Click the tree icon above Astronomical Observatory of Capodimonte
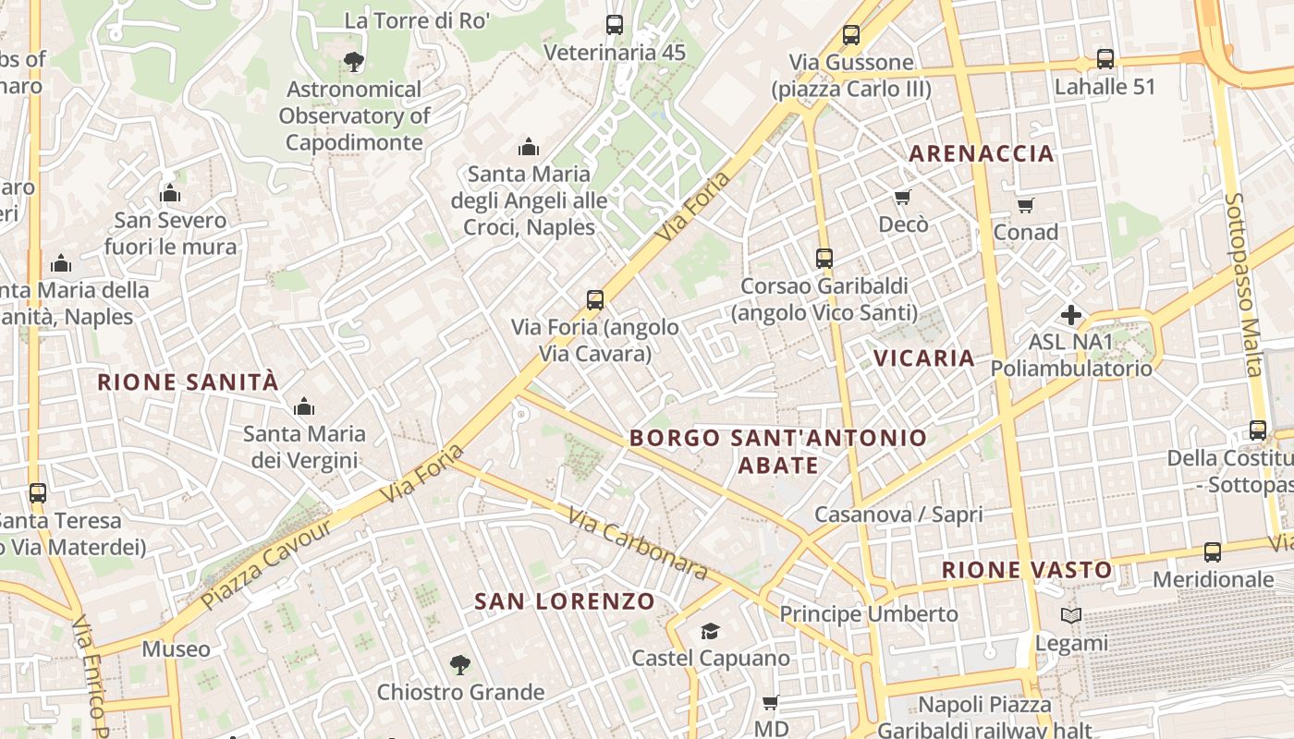click(x=353, y=62)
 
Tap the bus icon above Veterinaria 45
click(x=615, y=25)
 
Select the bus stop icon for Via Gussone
click(x=851, y=35)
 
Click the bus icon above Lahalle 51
click(x=1105, y=59)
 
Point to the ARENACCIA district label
click(x=982, y=153)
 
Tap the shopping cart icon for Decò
click(x=903, y=197)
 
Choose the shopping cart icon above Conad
click(x=1025, y=205)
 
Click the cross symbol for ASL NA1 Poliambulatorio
click(x=1071, y=315)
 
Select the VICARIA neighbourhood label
click(x=924, y=357)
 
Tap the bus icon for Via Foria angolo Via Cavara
click(x=595, y=299)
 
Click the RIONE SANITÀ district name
click(x=188, y=382)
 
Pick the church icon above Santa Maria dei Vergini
click(x=304, y=406)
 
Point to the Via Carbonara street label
click(x=638, y=544)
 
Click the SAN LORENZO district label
click(x=565, y=601)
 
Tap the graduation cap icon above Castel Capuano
click(x=710, y=631)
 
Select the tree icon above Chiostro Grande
click(x=459, y=664)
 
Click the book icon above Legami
click(x=1071, y=616)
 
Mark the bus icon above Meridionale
click(x=1213, y=552)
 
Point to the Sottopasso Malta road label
click(x=1243, y=285)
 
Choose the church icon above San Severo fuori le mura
click(x=170, y=193)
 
